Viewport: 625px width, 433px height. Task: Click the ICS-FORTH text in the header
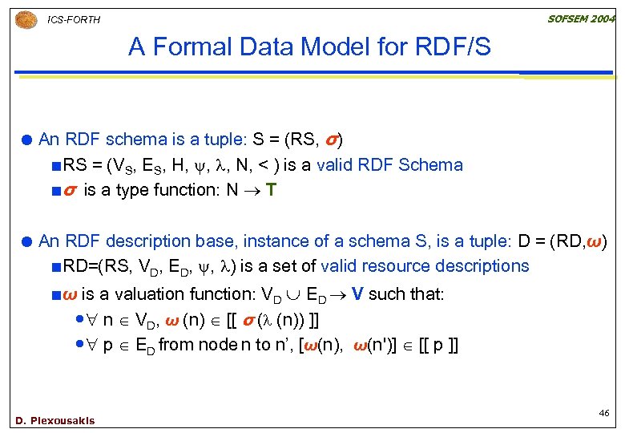(74, 19)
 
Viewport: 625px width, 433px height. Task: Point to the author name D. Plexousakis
(54, 420)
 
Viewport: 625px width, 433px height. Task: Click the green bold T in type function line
(272, 191)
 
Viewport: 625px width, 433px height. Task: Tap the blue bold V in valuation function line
(356, 294)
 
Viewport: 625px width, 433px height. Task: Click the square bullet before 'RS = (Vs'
(56, 166)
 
